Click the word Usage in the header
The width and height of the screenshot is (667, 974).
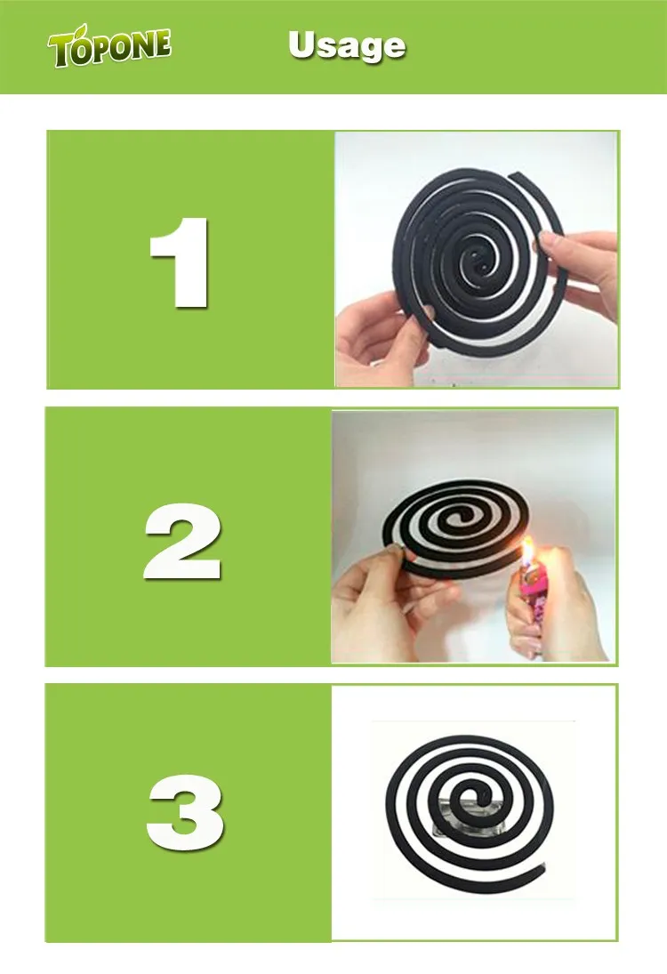347,46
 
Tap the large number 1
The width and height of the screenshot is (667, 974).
182,262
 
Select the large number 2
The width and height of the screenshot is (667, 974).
181,539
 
